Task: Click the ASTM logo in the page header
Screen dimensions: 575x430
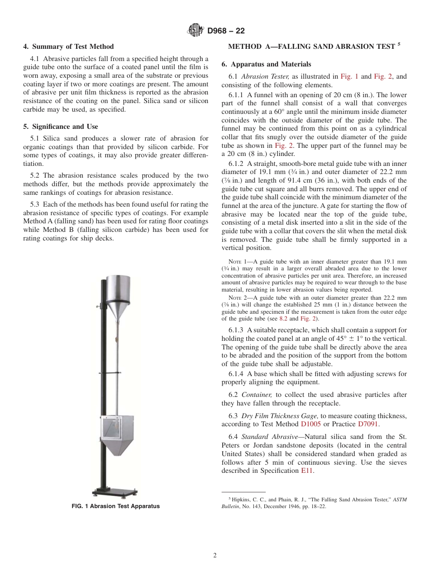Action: pyautogui.click(x=196, y=31)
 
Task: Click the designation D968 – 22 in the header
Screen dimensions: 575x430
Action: pyautogui.click(x=226, y=31)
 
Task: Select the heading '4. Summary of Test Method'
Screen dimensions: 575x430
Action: pyautogui.click(x=68, y=47)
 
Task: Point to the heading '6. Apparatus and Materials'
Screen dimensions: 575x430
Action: pyautogui.click(x=266, y=64)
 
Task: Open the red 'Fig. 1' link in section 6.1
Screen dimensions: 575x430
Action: pyautogui.click(x=349, y=76)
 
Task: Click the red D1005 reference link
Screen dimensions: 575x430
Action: pyautogui.click(x=310, y=424)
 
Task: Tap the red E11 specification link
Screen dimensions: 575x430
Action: pyautogui.click(x=306, y=471)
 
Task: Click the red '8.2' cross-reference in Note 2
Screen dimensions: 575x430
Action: pyautogui.click(x=283, y=319)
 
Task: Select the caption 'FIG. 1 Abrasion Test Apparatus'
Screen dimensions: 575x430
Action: pyautogui.click(x=116, y=506)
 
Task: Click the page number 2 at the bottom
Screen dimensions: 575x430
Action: pyautogui.click(x=215, y=556)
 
